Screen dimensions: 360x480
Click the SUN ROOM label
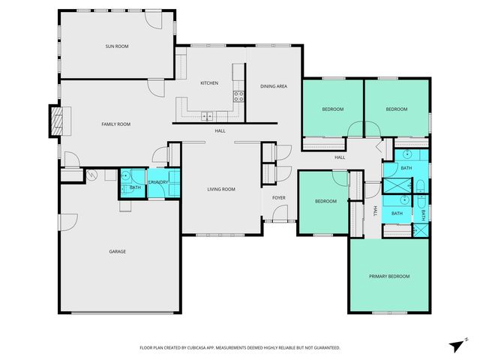coord(116,46)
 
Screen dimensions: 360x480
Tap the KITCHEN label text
coord(208,83)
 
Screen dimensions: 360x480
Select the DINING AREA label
coord(273,86)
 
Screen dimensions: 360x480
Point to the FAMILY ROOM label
coord(116,124)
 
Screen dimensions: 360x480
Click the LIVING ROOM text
coord(221,189)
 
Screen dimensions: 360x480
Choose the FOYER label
coord(279,198)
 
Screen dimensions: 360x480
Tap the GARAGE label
coord(116,251)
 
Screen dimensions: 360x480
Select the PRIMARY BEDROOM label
coord(389,277)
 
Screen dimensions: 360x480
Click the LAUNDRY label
coord(158,182)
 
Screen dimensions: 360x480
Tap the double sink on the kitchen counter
coord(208,115)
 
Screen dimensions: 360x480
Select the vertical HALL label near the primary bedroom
coord(375,211)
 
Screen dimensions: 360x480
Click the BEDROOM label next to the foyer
coord(325,201)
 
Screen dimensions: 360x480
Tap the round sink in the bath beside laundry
coord(127,177)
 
